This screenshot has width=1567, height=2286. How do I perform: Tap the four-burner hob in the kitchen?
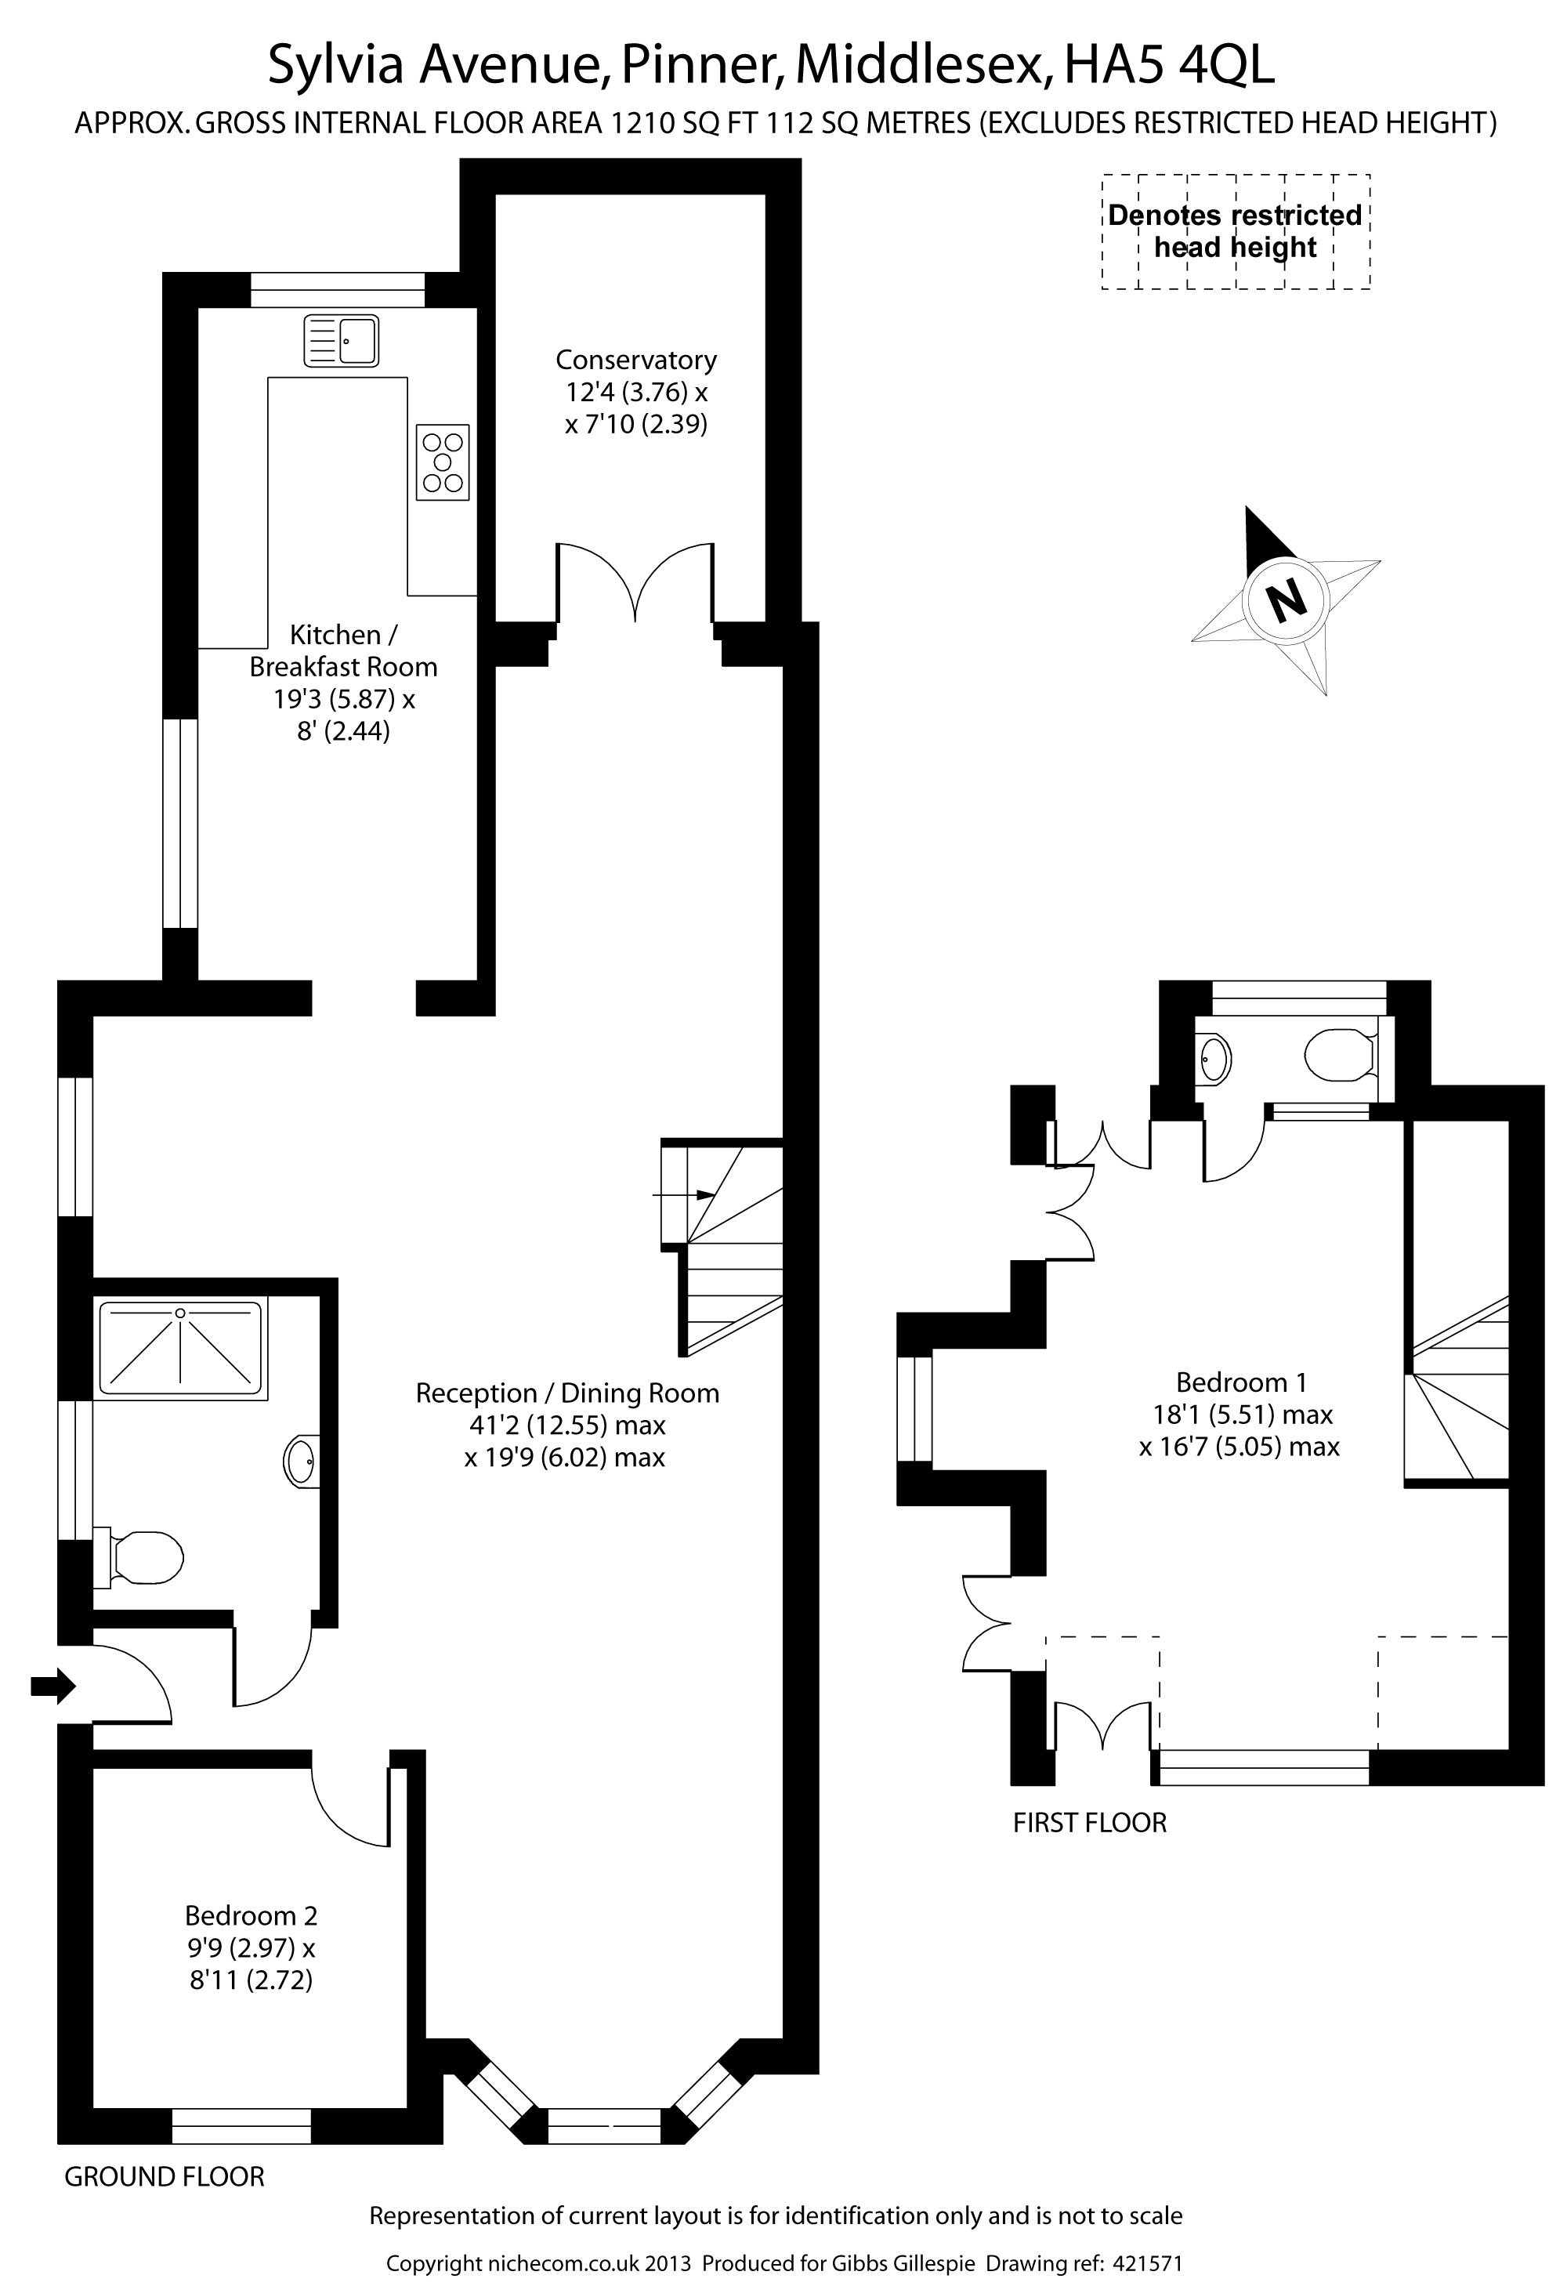[443, 462]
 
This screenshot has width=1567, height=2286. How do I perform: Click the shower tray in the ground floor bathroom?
[181, 1349]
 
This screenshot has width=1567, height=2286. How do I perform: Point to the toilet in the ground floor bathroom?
[139, 1557]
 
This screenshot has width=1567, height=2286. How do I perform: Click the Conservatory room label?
[636, 360]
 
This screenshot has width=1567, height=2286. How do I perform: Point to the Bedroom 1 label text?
[1241, 1382]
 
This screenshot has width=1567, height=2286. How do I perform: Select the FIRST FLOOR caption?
[1090, 1823]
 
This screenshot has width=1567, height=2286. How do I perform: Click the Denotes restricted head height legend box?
[1236, 232]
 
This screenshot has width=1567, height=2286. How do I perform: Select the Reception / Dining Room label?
[567, 1393]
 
